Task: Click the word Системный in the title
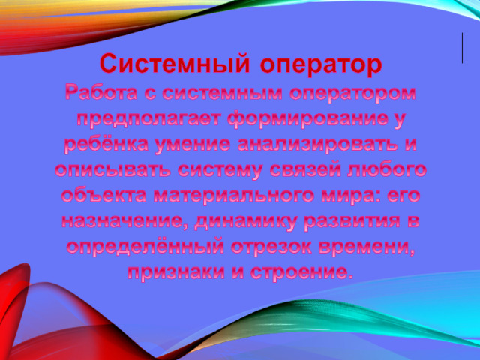tap(174, 63)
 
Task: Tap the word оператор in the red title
tap(321, 65)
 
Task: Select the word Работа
tap(100, 93)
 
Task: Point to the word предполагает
tap(148, 120)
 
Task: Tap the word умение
tap(193, 145)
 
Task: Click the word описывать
tap(112, 170)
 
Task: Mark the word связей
tap(305, 170)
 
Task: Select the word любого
tap(387, 169)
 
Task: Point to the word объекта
tap(105, 196)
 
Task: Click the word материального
tap(234, 196)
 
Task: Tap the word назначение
tap(125, 221)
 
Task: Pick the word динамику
tap(245, 222)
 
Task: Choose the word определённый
tap(145, 247)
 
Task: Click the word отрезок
tap(271, 247)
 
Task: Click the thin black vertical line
tap(462, 48)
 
